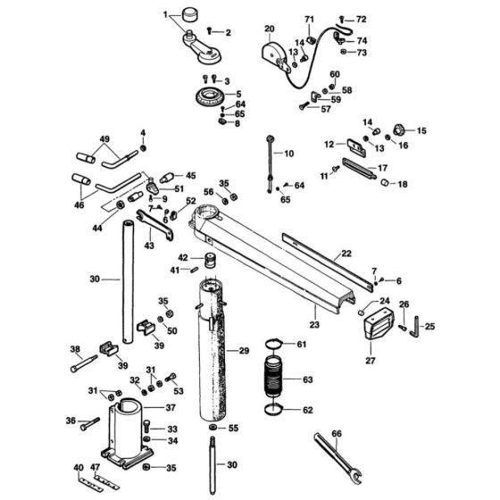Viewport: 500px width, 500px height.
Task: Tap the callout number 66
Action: point(337,434)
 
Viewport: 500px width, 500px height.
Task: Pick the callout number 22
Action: point(346,254)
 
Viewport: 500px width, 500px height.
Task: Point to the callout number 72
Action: point(361,19)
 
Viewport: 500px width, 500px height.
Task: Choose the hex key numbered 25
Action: point(414,328)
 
